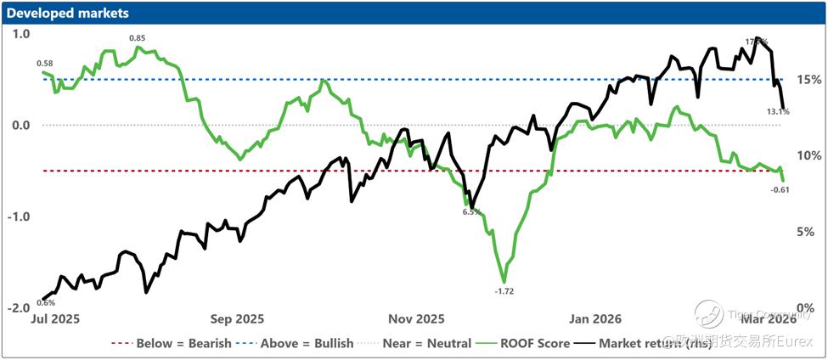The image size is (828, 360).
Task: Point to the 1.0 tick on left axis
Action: (21, 34)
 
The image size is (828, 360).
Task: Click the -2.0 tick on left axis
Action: (19, 307)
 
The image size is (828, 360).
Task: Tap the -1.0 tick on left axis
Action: (19, 216)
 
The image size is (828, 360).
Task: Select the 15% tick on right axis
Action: (809, 80)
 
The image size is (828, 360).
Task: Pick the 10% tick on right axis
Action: (809, 155)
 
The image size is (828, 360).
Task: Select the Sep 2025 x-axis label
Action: (237, 319)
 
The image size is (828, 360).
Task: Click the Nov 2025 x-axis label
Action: (416, 319)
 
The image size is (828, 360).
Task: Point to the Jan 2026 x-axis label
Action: (595, 319)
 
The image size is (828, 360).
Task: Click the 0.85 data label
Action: (137, 38)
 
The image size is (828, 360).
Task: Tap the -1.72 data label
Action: (504, 291)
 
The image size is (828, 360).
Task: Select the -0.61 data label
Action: (780, 188)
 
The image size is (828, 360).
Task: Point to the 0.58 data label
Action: (46, 64)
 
